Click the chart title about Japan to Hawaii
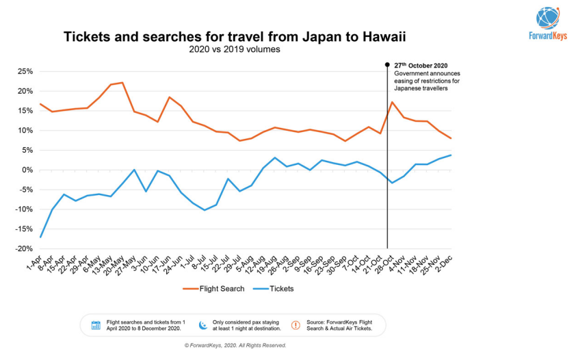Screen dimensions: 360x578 pos(239,36)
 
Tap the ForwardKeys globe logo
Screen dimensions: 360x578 pos(549,18)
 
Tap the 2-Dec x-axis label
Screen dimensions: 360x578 pos(445,260)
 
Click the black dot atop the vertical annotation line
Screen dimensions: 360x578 pos(387,65)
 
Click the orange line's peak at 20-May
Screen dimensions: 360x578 pos(122,83)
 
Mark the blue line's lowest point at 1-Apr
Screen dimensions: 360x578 pos(40,237)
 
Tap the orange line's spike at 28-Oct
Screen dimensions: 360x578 pos(392,103)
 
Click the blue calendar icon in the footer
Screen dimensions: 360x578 pos(96,325)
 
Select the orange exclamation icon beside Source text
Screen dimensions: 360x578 pos(295,325)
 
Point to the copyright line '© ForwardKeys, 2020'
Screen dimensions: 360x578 pos(235,346)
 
